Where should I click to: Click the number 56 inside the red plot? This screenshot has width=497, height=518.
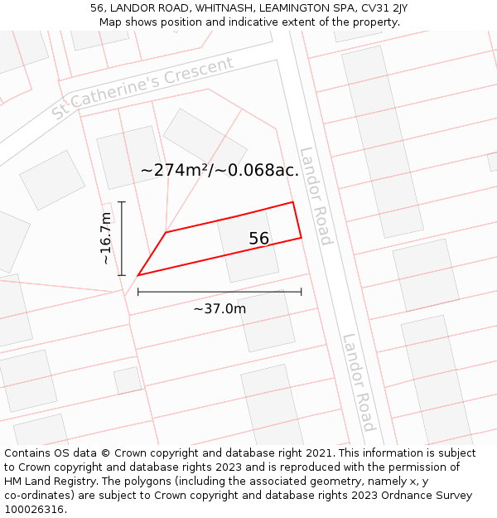258,239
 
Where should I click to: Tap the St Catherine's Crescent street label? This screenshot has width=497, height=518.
143,88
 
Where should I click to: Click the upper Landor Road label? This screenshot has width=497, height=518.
316,196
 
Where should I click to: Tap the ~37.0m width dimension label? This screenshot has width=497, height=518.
220,309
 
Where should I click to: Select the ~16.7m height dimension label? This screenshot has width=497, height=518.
105,239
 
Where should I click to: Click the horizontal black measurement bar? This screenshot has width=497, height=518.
220,291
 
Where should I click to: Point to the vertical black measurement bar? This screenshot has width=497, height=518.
122,239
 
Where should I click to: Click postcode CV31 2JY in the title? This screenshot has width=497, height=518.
380,8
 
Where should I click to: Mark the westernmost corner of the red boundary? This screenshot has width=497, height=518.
138,274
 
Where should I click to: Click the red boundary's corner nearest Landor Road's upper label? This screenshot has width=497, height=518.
292,202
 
